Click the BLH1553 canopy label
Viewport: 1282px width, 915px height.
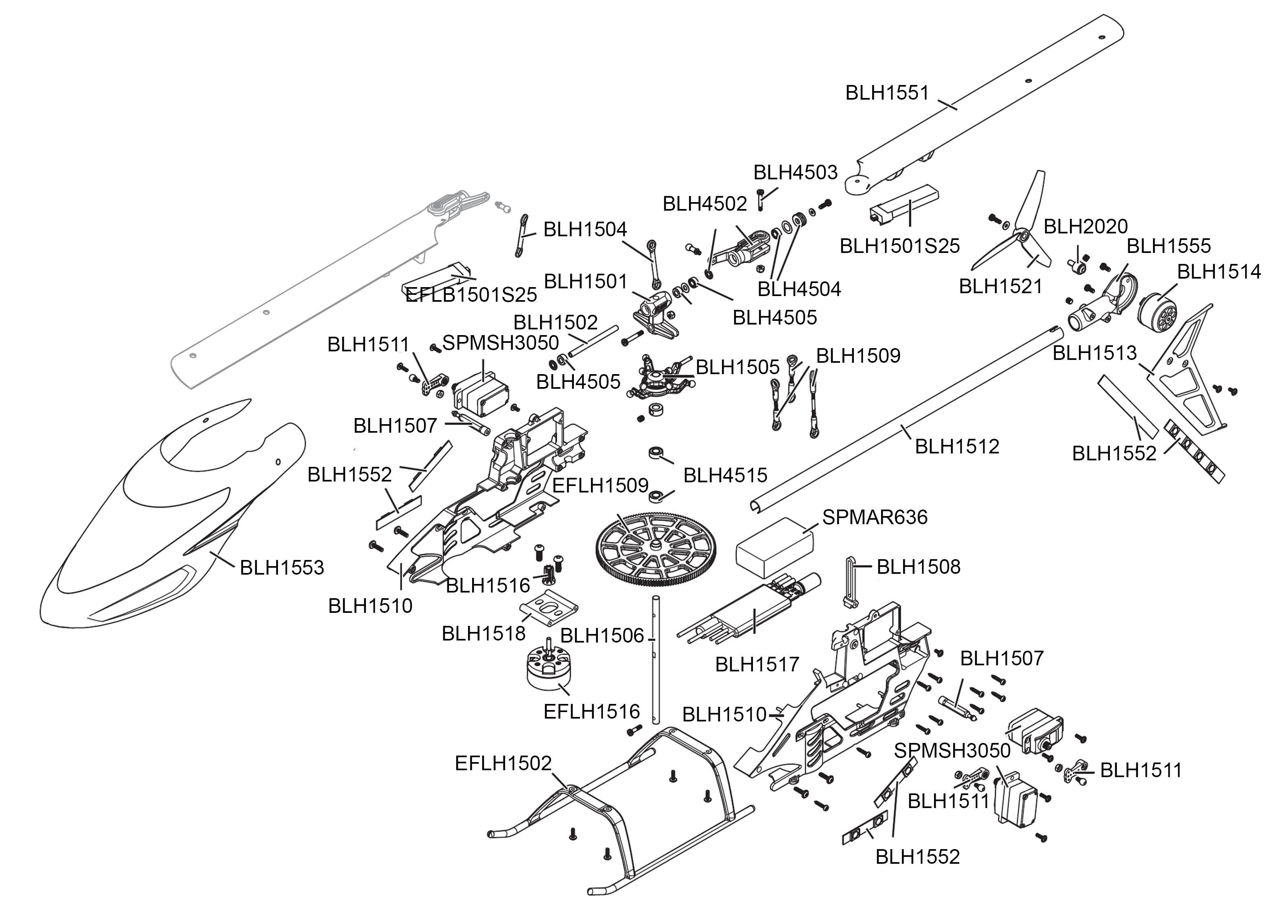pos(282,567)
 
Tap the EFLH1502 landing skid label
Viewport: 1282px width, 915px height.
pos(503,763)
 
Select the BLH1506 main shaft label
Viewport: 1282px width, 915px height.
pos(602,636)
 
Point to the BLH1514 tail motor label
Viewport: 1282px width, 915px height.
pos(1219,272)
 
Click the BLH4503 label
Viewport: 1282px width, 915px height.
pos(796,172)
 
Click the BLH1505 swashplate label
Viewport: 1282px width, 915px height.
pos(737,367)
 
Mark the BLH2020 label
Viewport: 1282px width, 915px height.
pos(1085,227)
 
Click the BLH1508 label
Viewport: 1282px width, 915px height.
pos(919,567)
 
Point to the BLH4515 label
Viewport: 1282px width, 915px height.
pos(725,475)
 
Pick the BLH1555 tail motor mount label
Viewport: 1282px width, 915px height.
pos(1168,246)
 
